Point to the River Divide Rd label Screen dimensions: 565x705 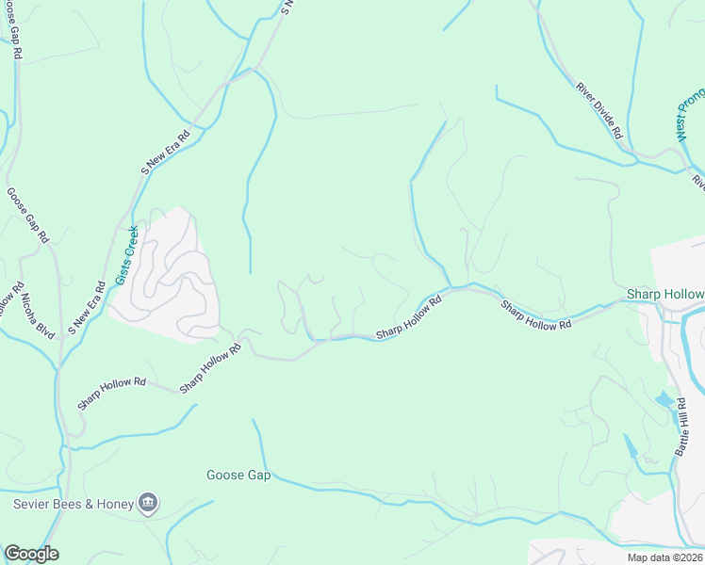600,110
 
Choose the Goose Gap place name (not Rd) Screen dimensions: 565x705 238,476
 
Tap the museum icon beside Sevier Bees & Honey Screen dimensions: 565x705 148,503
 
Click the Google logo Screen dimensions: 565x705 31,554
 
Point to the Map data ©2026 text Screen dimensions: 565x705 664,557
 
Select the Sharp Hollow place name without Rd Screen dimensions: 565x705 665,295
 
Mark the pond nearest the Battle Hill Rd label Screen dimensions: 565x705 664,399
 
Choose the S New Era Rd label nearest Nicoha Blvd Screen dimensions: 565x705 86,309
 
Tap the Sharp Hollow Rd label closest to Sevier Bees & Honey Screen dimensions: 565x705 112,393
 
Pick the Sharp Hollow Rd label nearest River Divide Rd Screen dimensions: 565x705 536,315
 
